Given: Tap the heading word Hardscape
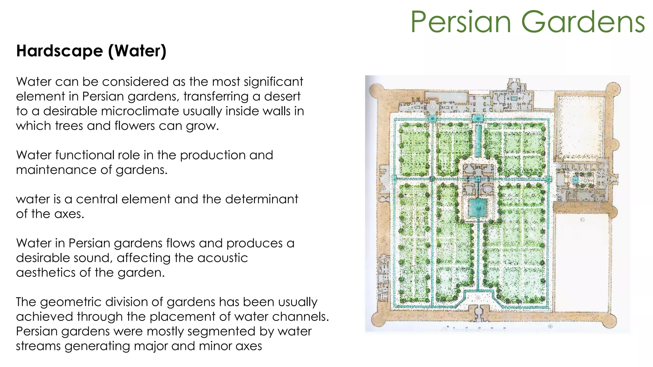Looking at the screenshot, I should click(x=59, y=51).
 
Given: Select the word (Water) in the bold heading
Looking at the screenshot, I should click(x=137, y=51).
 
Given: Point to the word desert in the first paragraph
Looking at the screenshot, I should click(x=282, y=96).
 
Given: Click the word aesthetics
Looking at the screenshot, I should click(x=46, y=273).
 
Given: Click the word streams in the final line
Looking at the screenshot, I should click(x=38, y=346).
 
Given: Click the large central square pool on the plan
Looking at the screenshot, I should click(x=478, y=207).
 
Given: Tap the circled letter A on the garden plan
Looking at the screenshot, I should click(x=478, y=298).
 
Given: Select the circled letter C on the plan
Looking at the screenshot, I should click(x=582, y=220).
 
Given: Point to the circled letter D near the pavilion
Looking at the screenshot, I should click(x=487, y=189).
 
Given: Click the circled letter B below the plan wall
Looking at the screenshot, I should click(x=550, y=327).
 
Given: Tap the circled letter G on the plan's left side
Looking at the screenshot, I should click(x=386, y=180).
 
